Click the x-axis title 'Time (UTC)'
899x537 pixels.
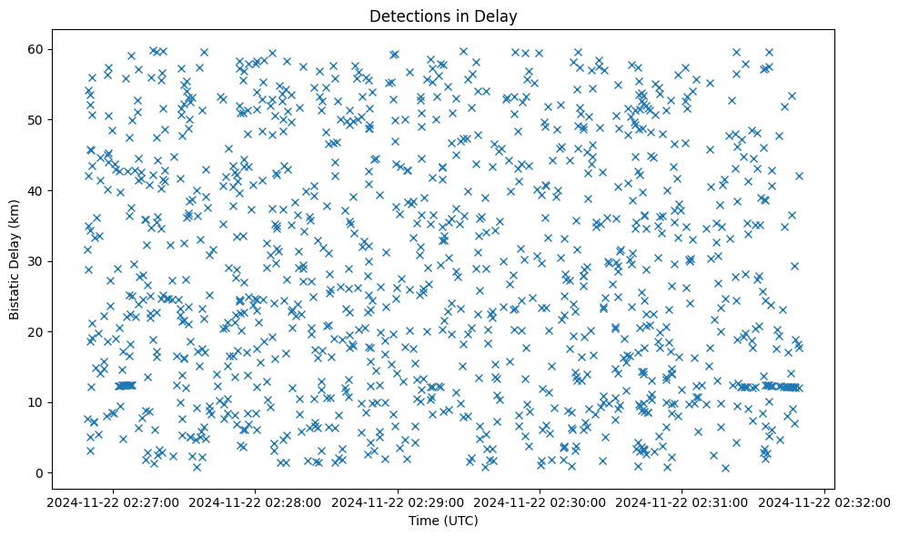tap(442, 522)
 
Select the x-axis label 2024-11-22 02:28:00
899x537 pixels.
tap(256, 502)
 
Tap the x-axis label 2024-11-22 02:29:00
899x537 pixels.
tap(399, 502)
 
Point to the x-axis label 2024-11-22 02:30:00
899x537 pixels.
tap(540, 502)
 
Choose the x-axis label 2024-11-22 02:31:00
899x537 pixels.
tap(683, 502)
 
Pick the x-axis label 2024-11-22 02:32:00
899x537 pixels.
tap(825, 502)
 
